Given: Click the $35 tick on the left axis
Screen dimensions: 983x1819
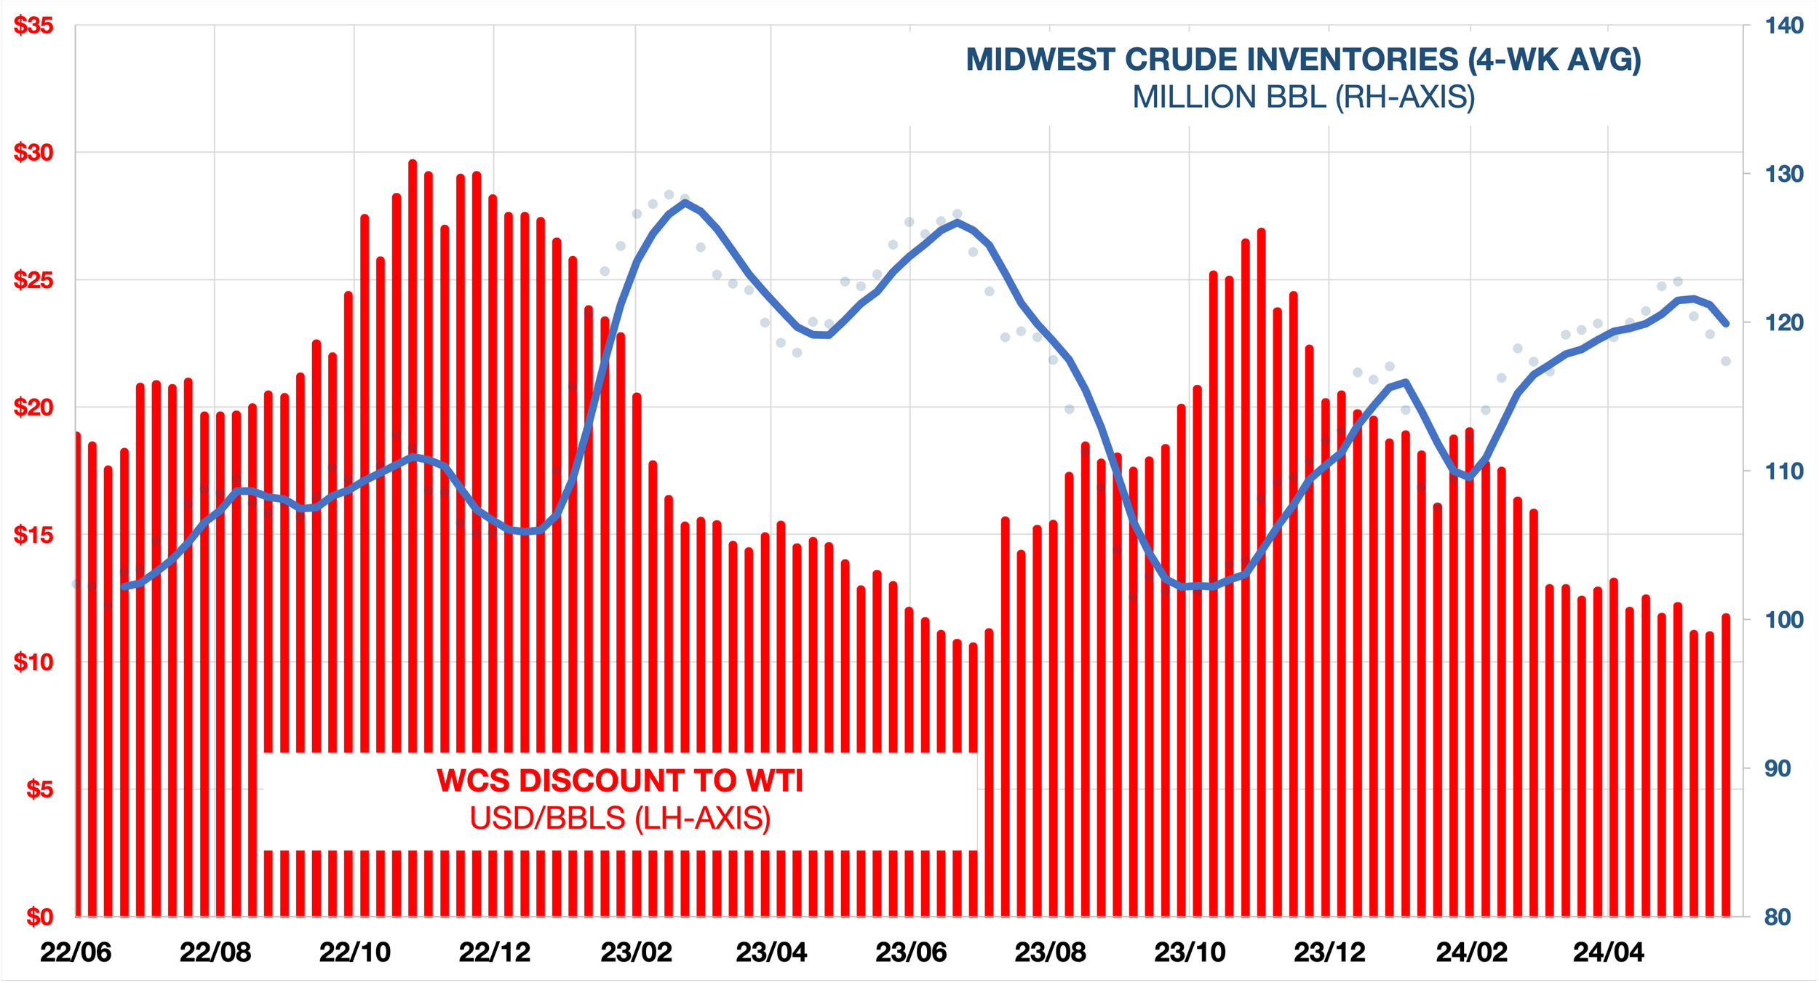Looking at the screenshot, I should (33, 25).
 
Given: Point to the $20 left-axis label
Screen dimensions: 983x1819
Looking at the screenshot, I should (33, 407).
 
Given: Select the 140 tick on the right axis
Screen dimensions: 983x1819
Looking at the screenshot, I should (1784, 25).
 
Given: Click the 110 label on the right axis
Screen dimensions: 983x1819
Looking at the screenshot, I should (1784, 471).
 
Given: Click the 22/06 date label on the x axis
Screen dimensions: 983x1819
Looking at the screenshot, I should (76, 952).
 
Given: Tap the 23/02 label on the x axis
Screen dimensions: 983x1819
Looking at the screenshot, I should (636, 952).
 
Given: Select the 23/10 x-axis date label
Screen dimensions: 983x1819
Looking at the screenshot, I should (1190, 952).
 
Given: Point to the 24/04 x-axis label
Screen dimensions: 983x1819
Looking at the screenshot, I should (1608, 952).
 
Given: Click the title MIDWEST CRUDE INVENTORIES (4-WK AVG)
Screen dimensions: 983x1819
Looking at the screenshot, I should (1303, 60).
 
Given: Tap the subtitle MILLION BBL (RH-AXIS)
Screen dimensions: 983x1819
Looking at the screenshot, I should (1303, 97).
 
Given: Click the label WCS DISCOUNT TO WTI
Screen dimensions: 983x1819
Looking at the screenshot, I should (620, 781).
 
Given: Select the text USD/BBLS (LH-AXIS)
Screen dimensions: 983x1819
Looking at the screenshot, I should (620, 819).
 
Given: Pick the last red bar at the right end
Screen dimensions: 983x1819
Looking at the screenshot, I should (1726, 764).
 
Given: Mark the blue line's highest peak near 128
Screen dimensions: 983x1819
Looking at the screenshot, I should (685, 203).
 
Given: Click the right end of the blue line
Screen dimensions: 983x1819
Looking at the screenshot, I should (1727, 324).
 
